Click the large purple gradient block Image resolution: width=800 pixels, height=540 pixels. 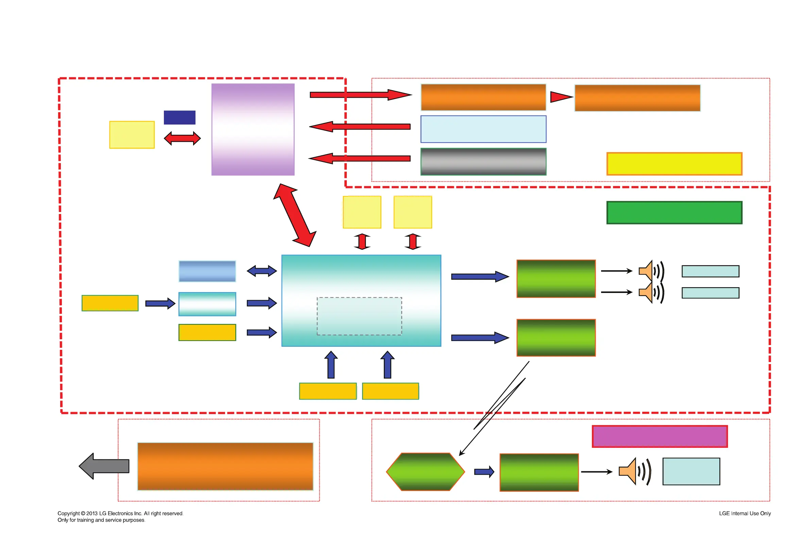253,129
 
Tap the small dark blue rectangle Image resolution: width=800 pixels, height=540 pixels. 179,117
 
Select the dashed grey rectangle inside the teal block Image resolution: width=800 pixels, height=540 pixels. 359,316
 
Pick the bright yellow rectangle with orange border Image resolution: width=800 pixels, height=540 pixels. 674,164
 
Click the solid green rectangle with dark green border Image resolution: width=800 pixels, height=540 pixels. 674,212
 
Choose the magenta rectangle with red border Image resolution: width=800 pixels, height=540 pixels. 659,436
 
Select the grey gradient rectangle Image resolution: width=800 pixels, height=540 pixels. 483,162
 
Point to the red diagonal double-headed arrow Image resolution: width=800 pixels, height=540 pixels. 294,215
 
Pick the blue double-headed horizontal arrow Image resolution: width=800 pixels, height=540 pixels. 261,271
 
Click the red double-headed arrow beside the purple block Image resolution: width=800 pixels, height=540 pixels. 182,138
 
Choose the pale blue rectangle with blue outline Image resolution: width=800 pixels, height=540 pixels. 483,129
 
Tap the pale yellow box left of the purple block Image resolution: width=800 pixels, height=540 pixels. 132,135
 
